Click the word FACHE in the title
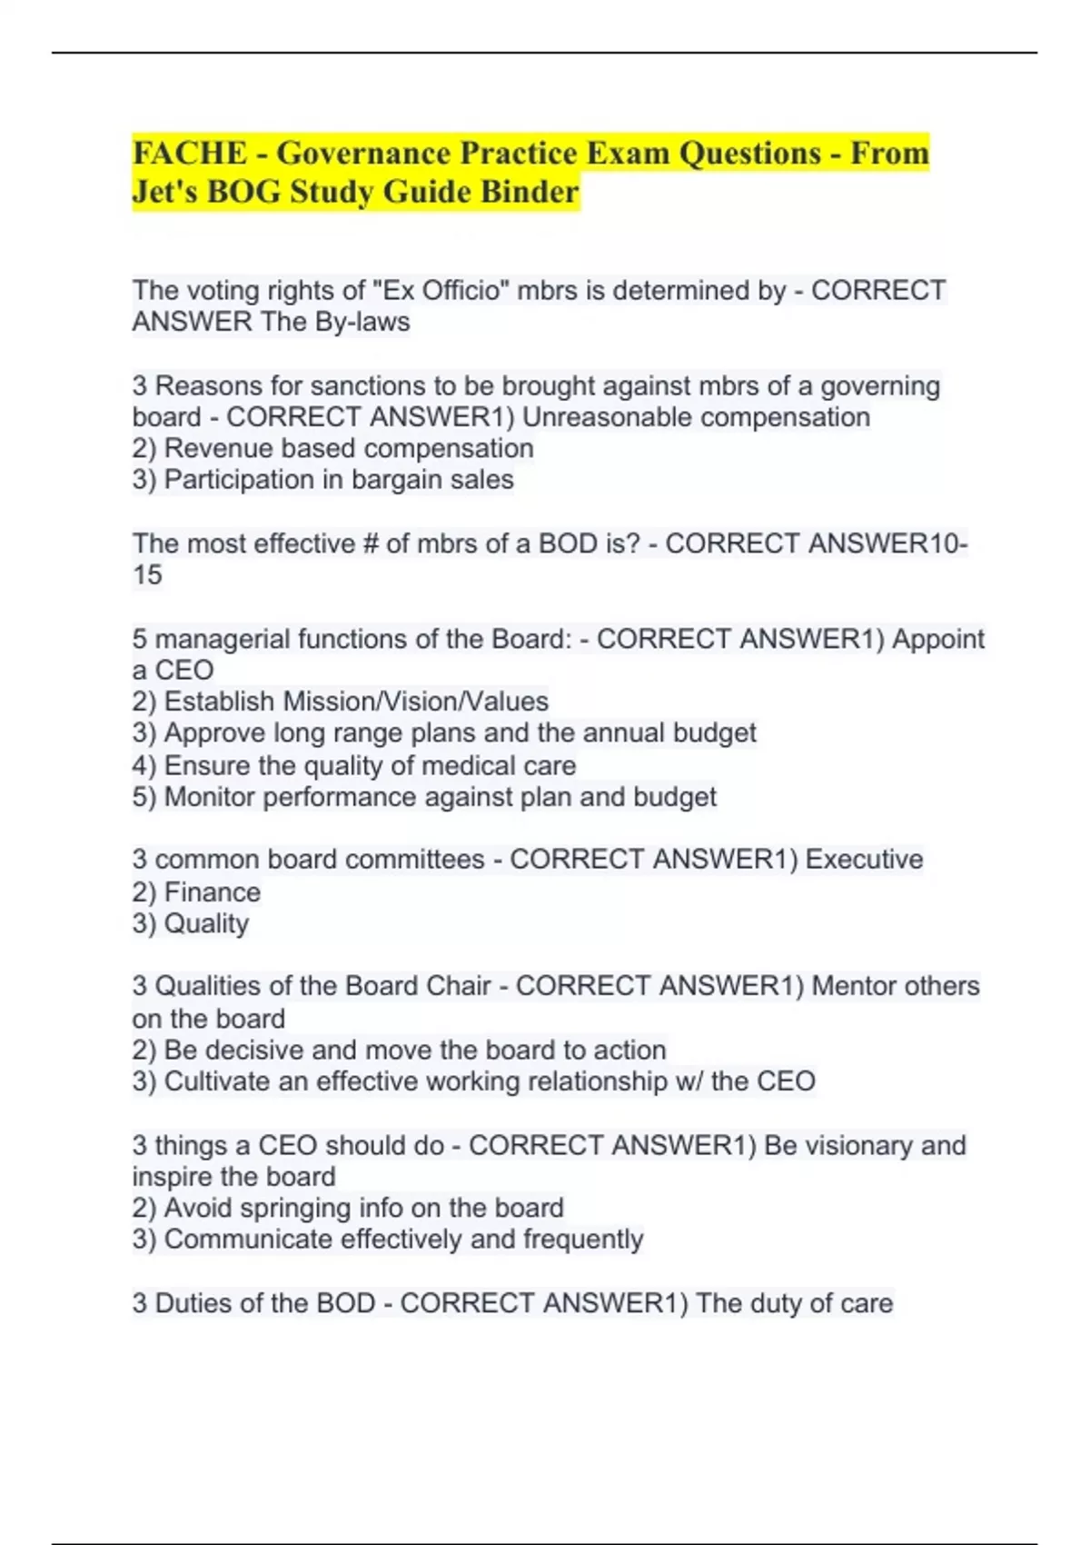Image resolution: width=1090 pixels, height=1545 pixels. (190, 153)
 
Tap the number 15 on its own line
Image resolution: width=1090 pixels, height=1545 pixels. (147, 575)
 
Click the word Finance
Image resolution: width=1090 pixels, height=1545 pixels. (212, 892)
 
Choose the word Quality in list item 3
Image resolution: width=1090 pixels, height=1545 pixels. (206, 923)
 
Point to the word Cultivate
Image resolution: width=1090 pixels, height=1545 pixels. (221, 1081)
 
